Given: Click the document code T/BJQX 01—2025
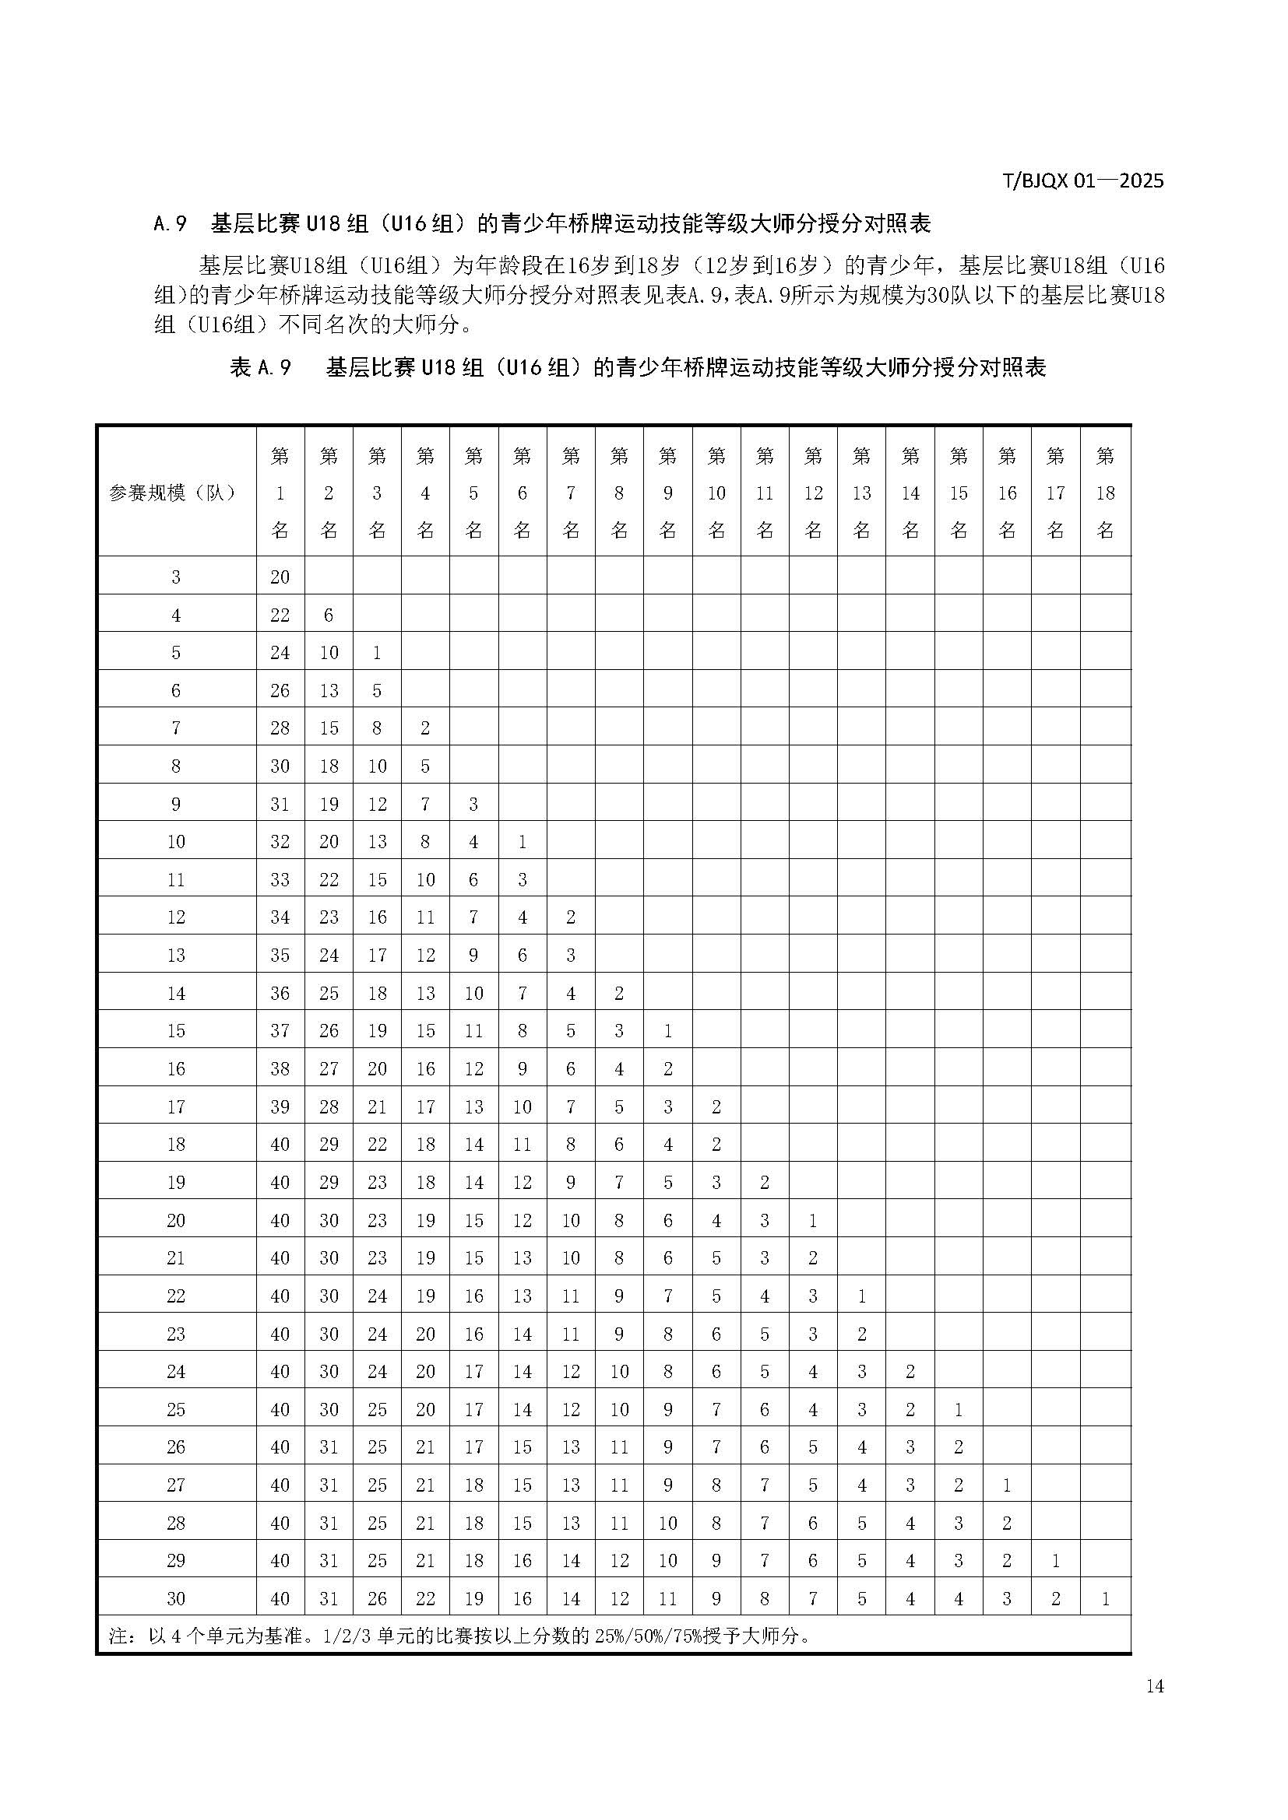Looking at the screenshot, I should pyautogui.click(x=1083, y=181).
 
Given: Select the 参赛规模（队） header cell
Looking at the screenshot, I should pyautogui.click(x=175, y=493).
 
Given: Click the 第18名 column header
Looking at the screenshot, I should pyautogui.click(x=1105, y=493).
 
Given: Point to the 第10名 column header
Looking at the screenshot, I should pyautogui.click(x=716, y=493).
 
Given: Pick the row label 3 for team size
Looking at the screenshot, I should pyautogui.click(x=176, y=577).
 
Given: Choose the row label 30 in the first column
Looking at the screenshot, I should pyautogui.click(x=176, y=1599).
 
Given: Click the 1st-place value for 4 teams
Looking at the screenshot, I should pyautogui.click(x=280, y=615).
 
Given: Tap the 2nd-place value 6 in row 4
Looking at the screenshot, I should pyautogui.click(x=329, y=615).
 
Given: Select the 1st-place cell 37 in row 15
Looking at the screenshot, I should pyautogui.click(x=280, y=1030).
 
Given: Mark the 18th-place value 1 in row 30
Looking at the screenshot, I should pyautogui.click(x=1105, y=1599).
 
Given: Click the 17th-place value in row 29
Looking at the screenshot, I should pyautogui.click(x=1056, y=1561).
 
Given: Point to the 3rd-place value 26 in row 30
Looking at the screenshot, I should pyautogui.click(x=377, y=1599).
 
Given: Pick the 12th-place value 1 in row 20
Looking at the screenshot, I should pyautogui.click(x=813, y=1220).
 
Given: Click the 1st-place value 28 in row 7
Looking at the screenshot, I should pyautogui.click(x=280, y=728).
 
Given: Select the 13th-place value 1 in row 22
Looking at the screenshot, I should pyautogui.click(x=862, y=1296).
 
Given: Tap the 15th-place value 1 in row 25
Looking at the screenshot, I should pyautogui.click(x=959, y=1409).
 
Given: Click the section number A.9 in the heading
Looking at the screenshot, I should pyautogui.click(x=170, y=224).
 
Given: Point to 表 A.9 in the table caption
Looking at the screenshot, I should pyautogui.click(x=260, y=368).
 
